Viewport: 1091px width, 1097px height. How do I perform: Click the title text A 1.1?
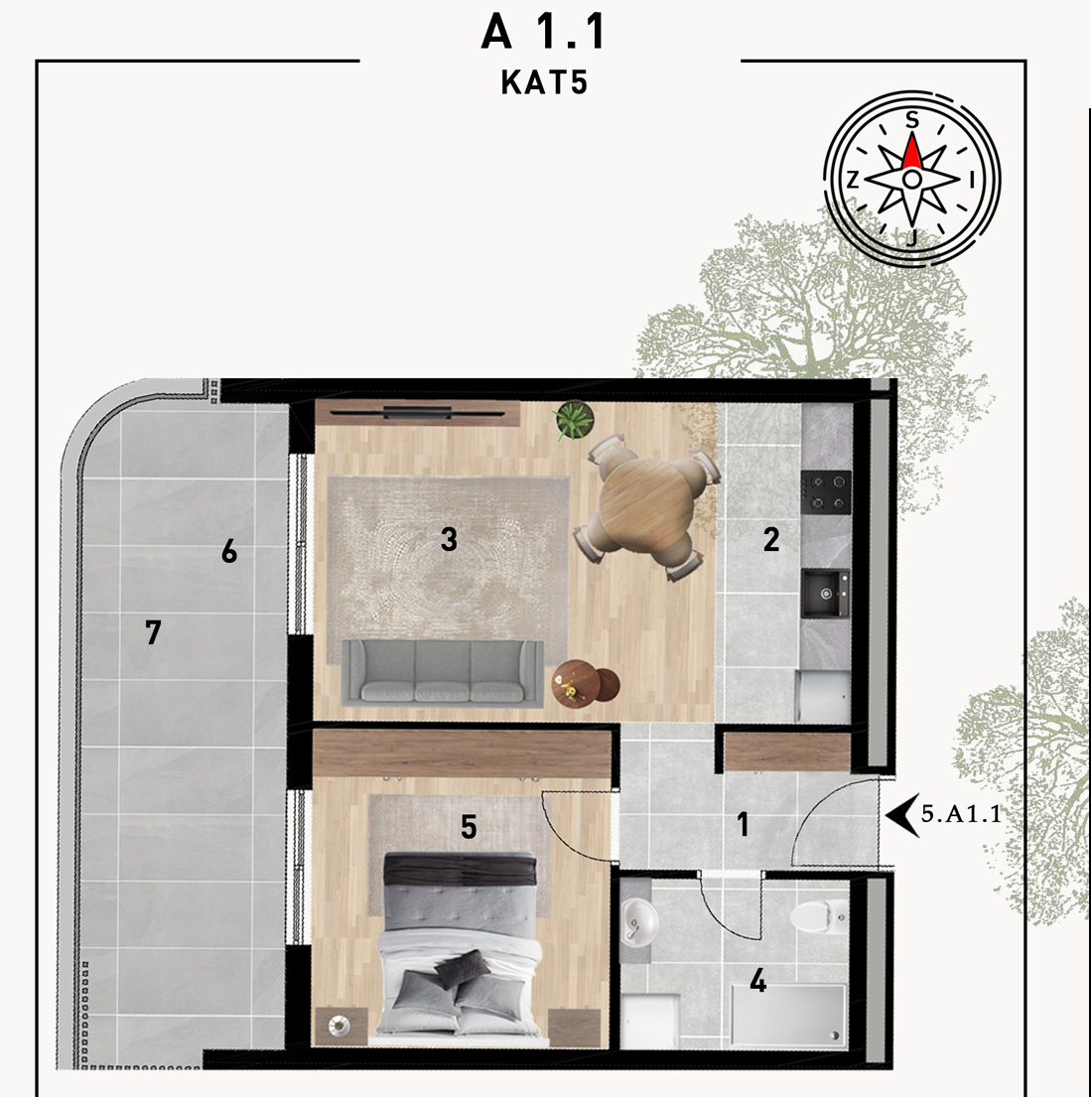coord(544,32)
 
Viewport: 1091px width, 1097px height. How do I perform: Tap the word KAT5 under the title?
coord(544,82)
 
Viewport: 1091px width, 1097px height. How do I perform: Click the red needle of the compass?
coord(912,151)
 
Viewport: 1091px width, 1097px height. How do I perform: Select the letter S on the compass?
coord(911,120)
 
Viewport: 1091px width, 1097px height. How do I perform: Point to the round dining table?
coord(646,504)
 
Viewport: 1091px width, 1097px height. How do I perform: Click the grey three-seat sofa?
coord(443,672)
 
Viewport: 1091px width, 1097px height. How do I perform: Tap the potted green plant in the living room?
coord(574,421)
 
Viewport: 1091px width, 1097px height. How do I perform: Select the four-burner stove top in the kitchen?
coord(826,491)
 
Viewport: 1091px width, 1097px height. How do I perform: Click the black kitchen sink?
coord(826,594)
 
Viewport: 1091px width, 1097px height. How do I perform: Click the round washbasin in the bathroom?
coord(637,921)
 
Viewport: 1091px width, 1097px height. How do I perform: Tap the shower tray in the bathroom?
coord(788,1016)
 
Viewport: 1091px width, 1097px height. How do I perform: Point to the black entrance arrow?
coord(902,815)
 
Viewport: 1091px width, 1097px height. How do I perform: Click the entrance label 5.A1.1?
coord(962,814)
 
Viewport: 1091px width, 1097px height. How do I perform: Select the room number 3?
coord(450,539)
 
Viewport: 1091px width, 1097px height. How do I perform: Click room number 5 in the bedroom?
coord(469,828)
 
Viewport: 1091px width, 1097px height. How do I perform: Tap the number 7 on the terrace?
coord(153,632)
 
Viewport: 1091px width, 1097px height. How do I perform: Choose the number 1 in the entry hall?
coord(744,824)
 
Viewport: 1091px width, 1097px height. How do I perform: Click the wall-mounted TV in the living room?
coord(418,413)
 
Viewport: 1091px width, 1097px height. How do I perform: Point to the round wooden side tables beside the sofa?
coord(586,683)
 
